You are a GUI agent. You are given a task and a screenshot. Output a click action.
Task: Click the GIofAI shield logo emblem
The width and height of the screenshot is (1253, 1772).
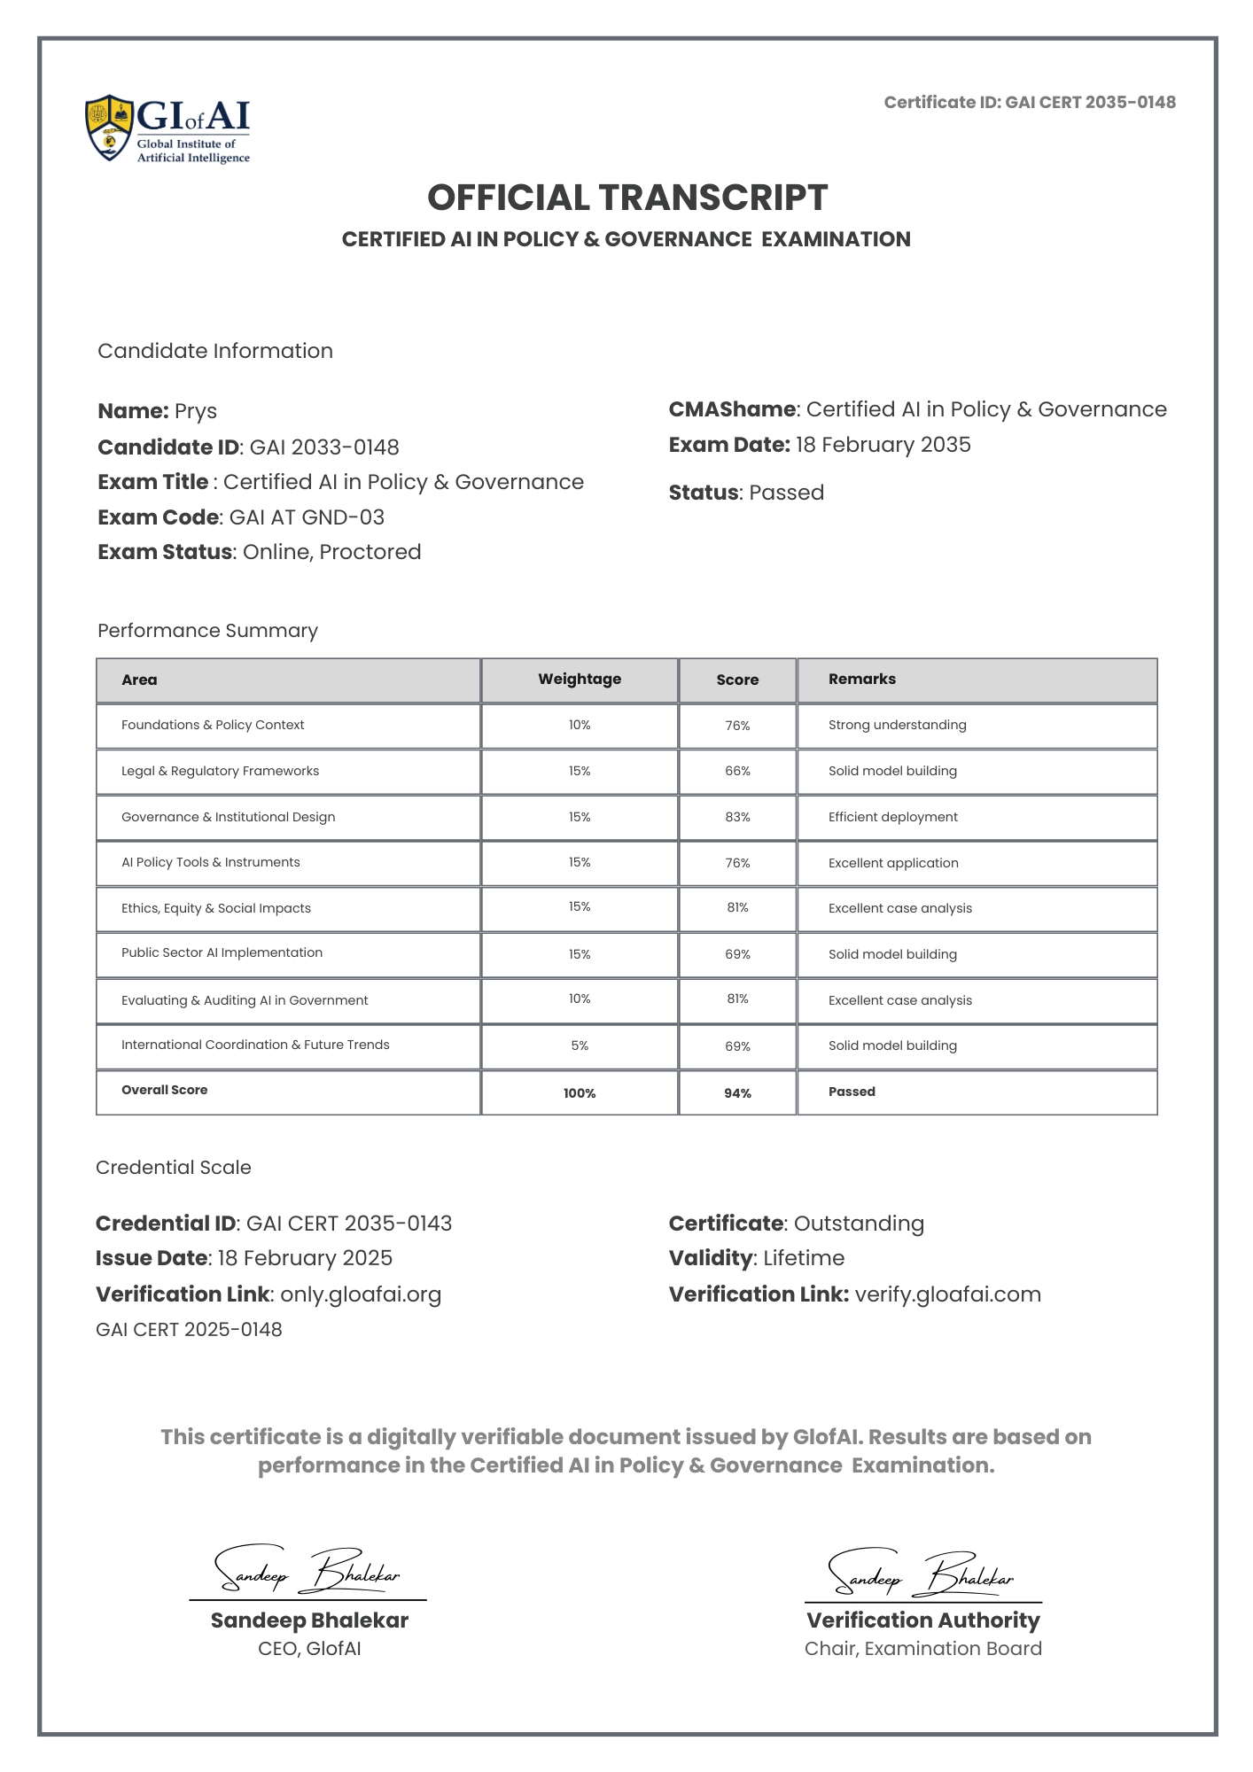pos(110,128)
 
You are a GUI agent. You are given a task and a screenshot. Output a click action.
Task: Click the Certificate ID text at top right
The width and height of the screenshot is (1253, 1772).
pos(1029,103)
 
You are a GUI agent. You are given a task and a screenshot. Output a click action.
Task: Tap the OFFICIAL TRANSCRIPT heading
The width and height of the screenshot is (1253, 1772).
pos(626,198)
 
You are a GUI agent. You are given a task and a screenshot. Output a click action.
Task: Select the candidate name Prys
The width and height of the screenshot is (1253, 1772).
pos(196,412)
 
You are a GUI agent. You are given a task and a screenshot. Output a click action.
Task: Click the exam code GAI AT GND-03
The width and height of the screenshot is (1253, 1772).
pos(307,517)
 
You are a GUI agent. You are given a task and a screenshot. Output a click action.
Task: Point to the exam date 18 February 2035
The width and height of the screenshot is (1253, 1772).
pos(883,445)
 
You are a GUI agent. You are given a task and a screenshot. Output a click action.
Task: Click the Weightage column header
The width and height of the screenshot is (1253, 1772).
pos(580,680)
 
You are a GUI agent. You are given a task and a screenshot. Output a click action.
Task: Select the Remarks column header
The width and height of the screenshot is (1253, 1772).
pos(861,680)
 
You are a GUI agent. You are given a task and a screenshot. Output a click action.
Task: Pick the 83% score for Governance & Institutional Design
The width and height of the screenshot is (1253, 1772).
pos(737,817)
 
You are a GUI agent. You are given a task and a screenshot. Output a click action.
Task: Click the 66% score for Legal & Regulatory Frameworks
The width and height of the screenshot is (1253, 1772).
pos(737,772)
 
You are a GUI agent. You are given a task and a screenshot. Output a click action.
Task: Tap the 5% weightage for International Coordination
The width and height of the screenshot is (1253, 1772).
pos(580,1046)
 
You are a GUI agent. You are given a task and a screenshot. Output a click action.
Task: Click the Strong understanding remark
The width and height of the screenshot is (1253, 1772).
pos(897,726)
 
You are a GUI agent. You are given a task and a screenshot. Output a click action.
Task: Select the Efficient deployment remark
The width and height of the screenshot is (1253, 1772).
pos(892,817)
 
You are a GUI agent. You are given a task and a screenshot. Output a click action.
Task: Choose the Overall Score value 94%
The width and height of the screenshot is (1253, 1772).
pos(737,1093)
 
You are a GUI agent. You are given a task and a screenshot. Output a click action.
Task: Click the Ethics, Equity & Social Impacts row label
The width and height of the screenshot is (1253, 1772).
pos(216,908)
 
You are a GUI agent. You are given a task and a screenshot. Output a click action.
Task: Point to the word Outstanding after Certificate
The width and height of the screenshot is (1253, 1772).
pos(859,1224)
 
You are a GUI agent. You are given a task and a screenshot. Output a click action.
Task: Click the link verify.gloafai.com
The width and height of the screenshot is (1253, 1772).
pos(947,1294)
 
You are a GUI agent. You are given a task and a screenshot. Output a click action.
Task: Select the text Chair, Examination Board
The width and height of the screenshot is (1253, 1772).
pos(922,1649)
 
